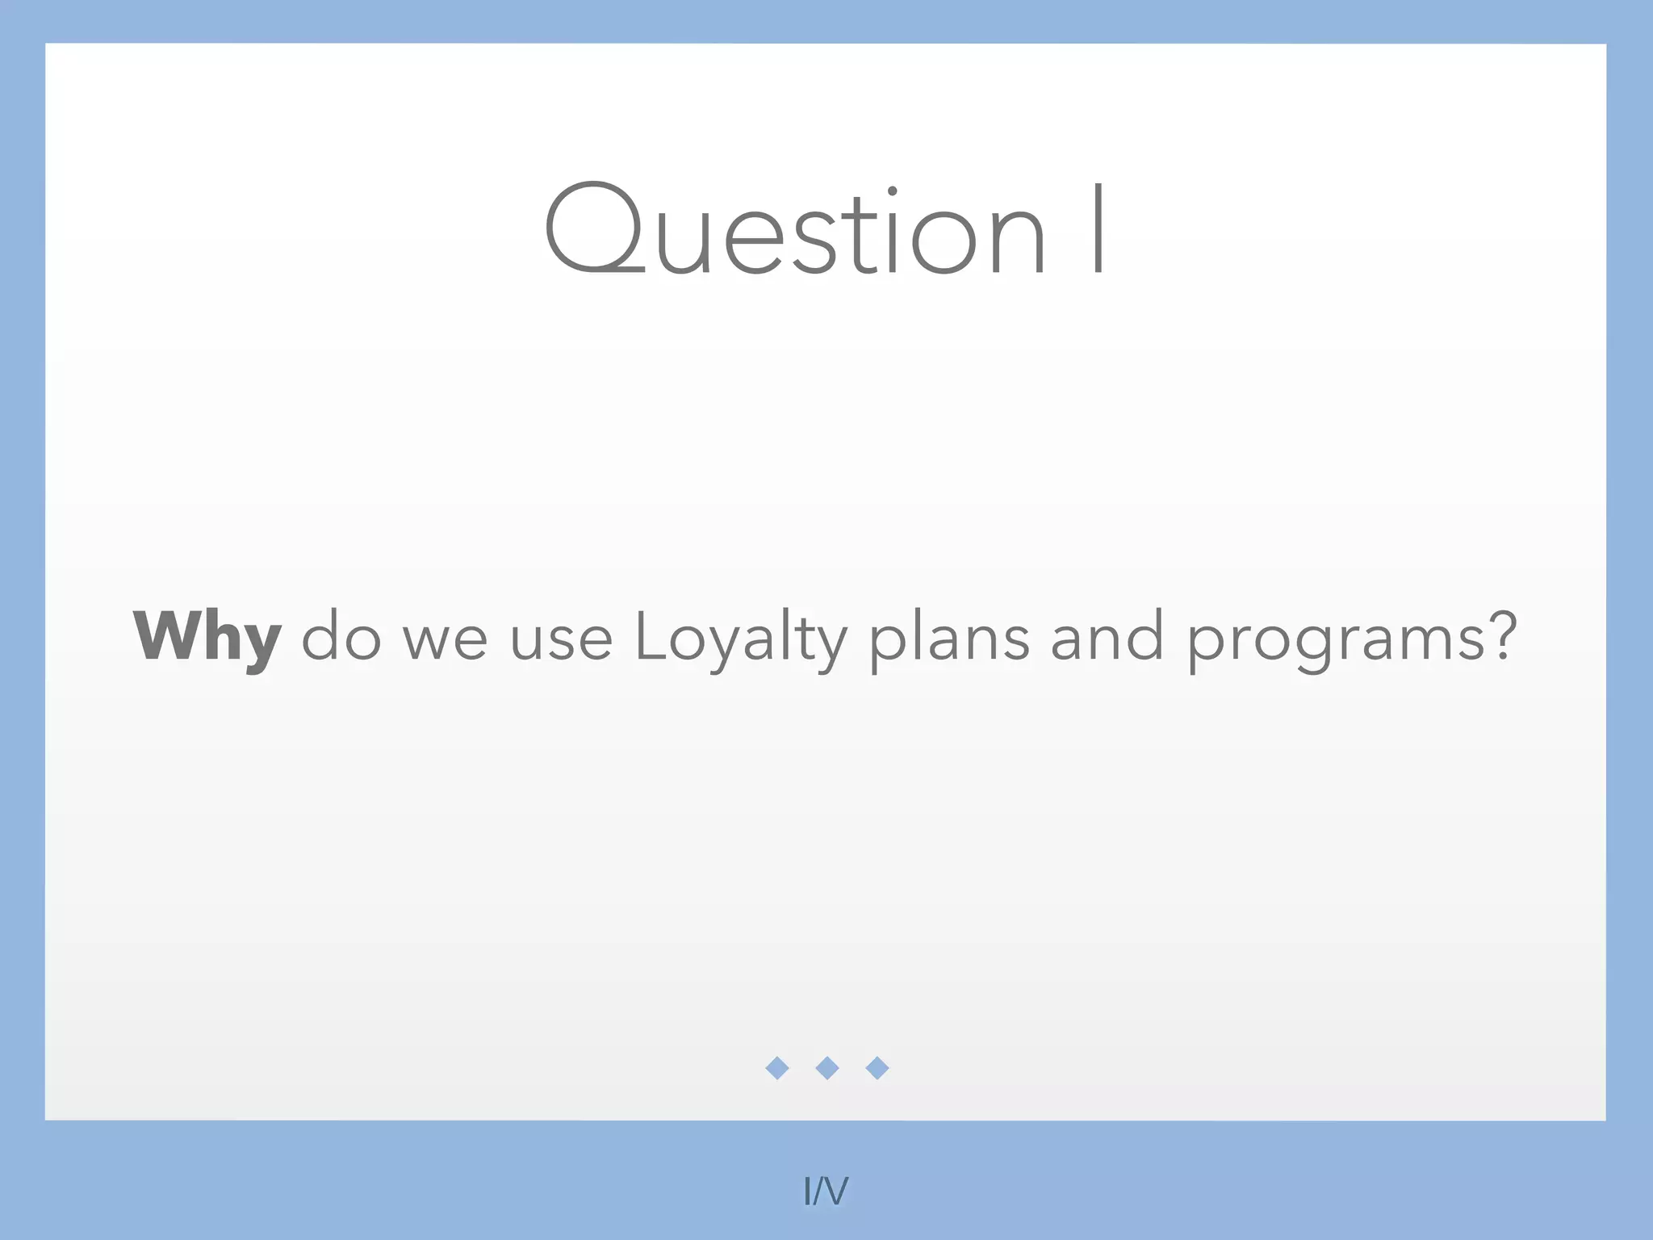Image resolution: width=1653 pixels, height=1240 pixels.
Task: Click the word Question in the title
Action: (x=795, y=230)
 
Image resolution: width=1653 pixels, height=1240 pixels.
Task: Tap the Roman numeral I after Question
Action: (x=1098, y=229)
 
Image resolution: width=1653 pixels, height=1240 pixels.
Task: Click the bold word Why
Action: (x=207, y=638)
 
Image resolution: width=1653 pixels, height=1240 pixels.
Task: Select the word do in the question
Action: (x=341, y=638)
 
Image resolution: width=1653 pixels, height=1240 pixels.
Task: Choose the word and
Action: (x=1107, y=638)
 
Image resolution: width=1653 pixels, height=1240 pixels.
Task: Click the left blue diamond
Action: (x=777, y=1068)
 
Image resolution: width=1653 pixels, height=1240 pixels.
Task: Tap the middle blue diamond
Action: (x=827, y=1068)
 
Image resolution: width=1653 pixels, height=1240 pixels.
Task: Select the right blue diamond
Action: (x=877, y=1068)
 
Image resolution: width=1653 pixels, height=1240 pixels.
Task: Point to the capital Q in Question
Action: (x=593, y=228)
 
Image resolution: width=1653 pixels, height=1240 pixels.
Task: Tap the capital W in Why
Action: (x=169, y=635)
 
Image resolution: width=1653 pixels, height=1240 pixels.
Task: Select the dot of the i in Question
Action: (x=892, y=191)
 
